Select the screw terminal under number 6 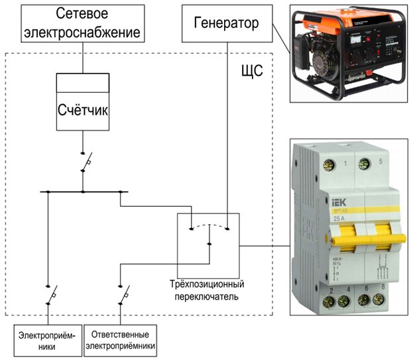pyautogui.click(x=363, y=302)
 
